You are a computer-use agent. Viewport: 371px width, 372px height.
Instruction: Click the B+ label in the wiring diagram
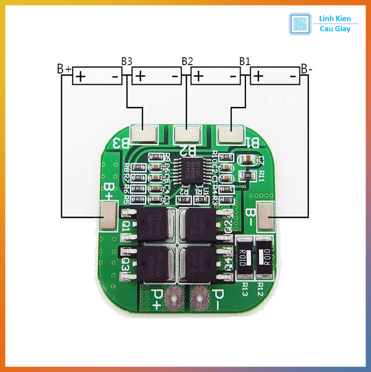[64, 68]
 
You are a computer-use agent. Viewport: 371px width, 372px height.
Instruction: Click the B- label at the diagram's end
[306, 68]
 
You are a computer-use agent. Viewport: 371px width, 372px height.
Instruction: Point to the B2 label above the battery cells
[187, 61]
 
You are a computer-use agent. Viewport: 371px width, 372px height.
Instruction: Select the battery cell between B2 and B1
[216, 76]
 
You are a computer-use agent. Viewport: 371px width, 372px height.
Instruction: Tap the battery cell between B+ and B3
[97, 76]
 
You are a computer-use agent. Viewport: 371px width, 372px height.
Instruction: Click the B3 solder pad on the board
[144, 134]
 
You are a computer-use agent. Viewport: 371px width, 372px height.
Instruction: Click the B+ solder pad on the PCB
[108, 216]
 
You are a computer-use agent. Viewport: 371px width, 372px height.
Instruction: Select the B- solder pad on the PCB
[266, 216]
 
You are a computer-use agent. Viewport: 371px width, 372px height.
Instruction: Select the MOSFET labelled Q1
[153, 225]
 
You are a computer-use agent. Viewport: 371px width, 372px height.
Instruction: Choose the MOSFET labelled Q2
[198, 225]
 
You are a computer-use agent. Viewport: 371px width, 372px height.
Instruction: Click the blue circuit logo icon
[300, 24]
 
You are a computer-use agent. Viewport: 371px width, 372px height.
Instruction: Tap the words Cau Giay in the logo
[335, 29]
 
